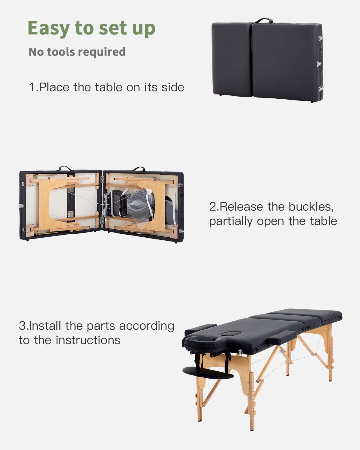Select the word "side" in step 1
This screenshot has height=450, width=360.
pyautogui.click(x=172, y=87)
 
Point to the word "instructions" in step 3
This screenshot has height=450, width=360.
pyautogui.click(x=88, y=340)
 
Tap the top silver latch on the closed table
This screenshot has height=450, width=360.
pyautogui.click(x=320, y=38)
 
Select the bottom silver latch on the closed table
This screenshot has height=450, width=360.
pyautogui.click(x=321, y=89)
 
